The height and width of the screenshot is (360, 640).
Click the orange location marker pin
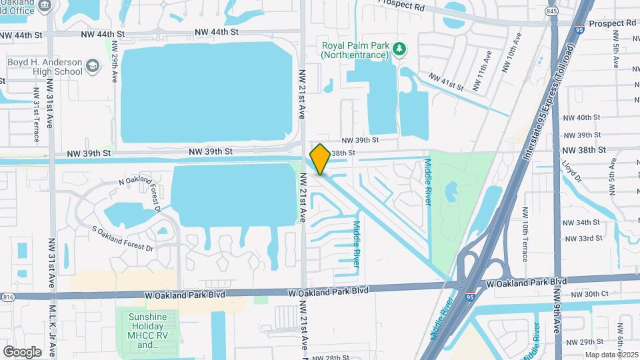click(320, 159)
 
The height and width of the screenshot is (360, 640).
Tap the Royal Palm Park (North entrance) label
click(355, 50)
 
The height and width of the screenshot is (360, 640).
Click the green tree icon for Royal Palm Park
click(399, 48)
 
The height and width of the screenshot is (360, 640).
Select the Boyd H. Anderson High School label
click(45, 67)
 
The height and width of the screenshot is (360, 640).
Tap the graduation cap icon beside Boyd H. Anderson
click(92, 67)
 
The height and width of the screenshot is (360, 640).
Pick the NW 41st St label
click(446, 82)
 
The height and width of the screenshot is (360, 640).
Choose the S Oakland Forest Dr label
click(123, 239)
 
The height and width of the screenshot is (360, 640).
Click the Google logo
click(22, 351)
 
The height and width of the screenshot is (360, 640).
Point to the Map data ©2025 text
click(611, 355)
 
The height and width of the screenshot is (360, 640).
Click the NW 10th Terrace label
click(525, 233)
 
